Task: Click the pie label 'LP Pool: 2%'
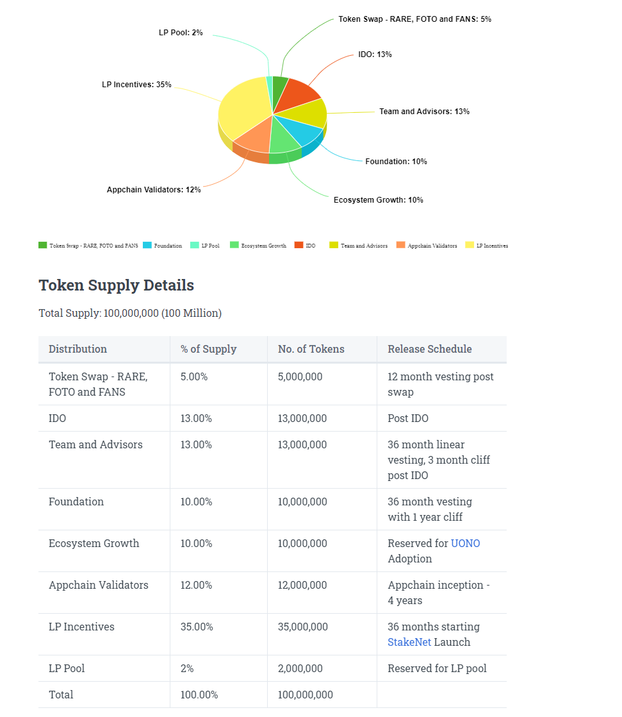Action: pos(181,32)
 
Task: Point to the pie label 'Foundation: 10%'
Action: pos(396,162)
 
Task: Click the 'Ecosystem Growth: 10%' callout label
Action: pos(378,200)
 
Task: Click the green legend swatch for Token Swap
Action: pos(43,245)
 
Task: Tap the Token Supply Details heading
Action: pos(116,285)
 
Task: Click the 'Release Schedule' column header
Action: pos(429,350)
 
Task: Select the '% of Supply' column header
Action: pos(208,350)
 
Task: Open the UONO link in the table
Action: pos(465,544)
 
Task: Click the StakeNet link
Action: pos(409,643)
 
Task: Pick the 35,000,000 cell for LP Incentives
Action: pos(302,627)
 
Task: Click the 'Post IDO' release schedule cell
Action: pos(408,419)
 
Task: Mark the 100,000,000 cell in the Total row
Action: pos(305,695)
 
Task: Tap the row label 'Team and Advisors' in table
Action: pos(95,445)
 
